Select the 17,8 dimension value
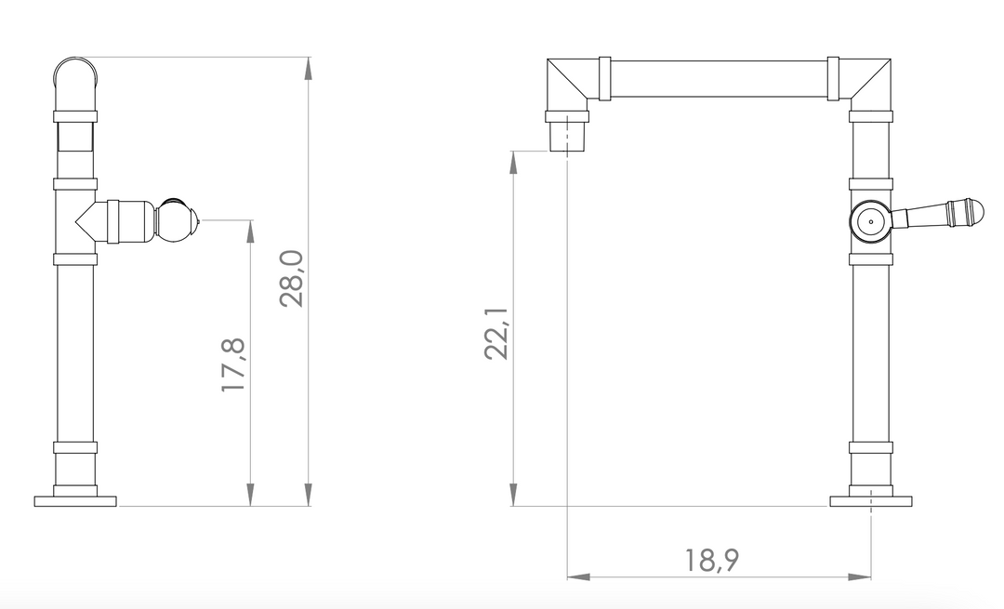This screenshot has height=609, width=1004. pos(233,365)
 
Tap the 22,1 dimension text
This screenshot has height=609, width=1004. pos(495,334)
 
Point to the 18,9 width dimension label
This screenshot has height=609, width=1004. pos(712,560)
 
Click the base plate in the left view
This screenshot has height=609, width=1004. pos(75,501)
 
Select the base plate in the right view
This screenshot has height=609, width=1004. pos(871,501)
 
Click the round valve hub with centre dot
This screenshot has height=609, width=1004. pos(870,221)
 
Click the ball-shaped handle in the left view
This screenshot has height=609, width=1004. pos(176,220)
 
